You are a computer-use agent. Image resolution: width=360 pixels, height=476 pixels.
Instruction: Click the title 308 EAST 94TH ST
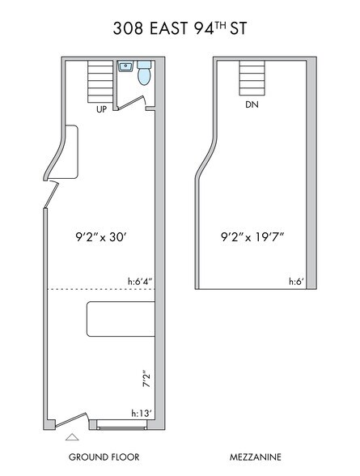(180, 29)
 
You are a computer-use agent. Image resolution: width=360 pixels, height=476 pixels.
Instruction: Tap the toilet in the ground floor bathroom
(144, 74)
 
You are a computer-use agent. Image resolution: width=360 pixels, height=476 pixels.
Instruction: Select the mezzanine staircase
(252, 78)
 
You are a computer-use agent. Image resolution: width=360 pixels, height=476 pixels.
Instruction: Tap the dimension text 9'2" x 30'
(99, 239)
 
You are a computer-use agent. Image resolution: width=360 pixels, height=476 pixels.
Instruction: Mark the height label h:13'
(141, 414)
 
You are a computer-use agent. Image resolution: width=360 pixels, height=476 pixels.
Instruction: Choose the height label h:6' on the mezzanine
(298, 282)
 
